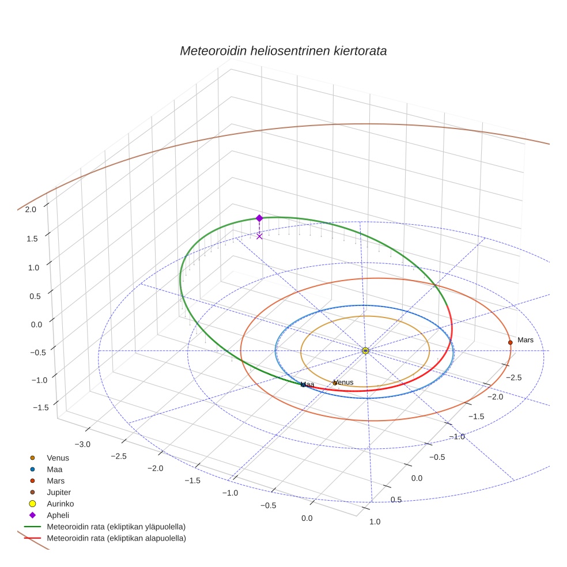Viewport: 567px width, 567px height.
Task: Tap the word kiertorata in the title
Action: (x=360, y=51)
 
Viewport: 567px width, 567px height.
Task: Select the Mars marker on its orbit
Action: (x=510, y=342)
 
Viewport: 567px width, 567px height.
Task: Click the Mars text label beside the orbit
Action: (x=525, y=340)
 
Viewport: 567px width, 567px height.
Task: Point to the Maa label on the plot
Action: (x=308, y=384)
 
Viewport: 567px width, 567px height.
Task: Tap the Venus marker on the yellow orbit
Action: (x=335, y=383)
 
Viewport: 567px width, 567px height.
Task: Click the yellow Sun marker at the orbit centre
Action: (x=365, y=350)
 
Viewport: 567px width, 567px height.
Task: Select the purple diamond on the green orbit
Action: (x=259, y=218)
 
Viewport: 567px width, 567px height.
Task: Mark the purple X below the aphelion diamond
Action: (x=259, y=236)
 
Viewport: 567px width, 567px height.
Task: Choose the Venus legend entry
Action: (x=58, y=458)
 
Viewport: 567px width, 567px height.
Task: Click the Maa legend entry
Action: (x=55, y=470)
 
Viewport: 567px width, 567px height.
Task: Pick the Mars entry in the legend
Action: (x=55, y=481)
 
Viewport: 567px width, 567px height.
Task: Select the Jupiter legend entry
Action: (x=59, y=492)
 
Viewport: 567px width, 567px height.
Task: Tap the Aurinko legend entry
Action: (x=60, y=504)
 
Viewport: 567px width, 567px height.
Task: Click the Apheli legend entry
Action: (x=58, y=515)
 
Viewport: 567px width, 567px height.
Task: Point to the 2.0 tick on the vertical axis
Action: (x=31, y=210)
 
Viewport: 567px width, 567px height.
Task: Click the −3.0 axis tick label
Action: (x=84, y=444)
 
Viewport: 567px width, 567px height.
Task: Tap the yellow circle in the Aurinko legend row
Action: (x=32, y=504)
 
